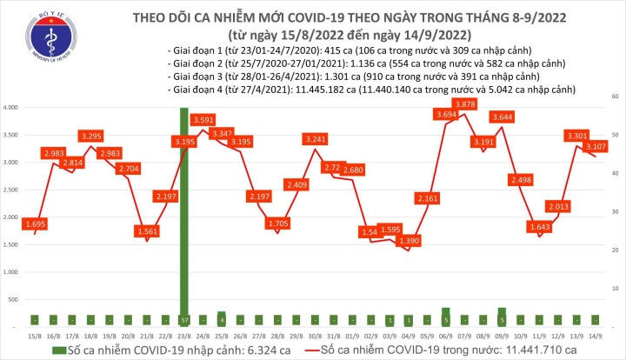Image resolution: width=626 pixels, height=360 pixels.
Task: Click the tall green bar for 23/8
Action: tap(183, 217)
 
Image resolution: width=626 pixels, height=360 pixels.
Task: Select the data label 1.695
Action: tap(37, 223)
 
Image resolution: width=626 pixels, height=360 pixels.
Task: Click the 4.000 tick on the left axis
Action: tap(12, 108)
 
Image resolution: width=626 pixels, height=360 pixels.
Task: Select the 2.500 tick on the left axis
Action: tap(12, 190)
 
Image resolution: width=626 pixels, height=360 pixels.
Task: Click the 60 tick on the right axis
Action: tap(614, 96)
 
